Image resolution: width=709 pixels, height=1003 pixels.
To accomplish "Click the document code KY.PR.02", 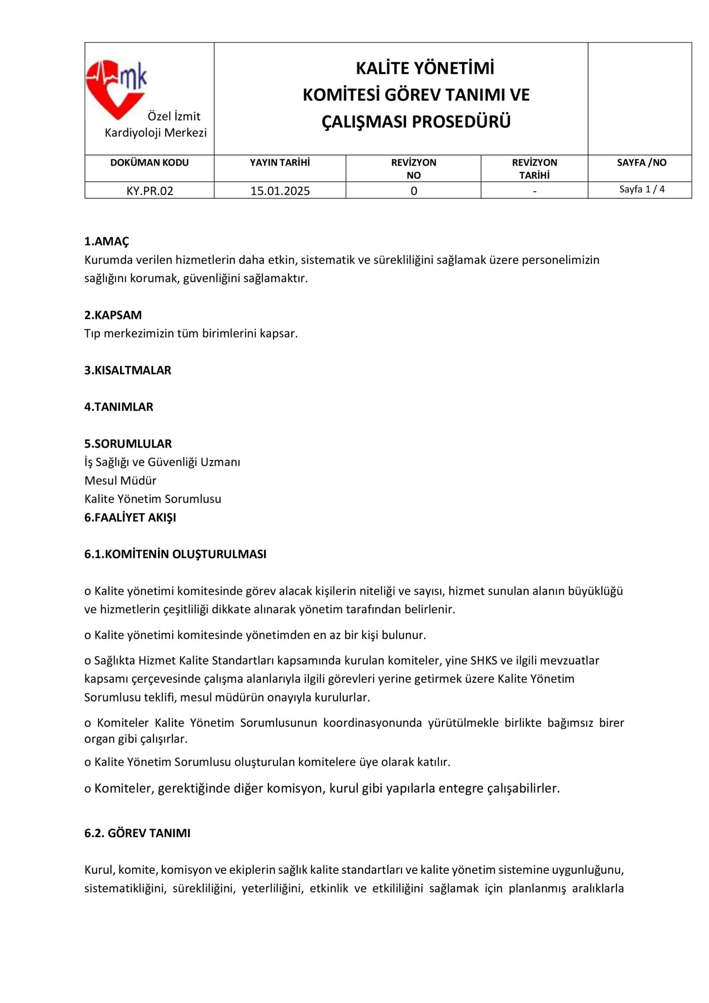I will (x=150, y=191).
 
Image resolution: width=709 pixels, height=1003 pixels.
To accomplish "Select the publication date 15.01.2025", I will (x=280, y=191).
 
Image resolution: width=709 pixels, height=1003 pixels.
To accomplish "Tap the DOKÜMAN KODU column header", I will (x=149, y=163).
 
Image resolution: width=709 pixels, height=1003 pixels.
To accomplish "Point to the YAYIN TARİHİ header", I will (x=280, y=163).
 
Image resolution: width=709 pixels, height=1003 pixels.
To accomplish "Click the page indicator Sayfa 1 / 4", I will (x=641, y=189).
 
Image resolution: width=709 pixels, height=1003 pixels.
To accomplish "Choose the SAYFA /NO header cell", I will (x=641, y=163).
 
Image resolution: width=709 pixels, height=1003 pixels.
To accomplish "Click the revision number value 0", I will (x=414, y=191).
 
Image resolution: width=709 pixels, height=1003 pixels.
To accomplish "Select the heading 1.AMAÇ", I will (x=107, y=241).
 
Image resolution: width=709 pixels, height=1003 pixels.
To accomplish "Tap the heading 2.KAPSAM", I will (x=113, y=315).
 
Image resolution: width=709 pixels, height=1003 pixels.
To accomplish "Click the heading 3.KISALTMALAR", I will (x=128, y=370).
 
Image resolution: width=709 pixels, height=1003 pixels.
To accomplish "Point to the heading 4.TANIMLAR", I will (x=119, y=407).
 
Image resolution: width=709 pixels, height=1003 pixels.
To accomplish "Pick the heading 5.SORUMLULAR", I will (x=128, y=444).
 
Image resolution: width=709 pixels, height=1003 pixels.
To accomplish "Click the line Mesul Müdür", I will (x=120, y=480).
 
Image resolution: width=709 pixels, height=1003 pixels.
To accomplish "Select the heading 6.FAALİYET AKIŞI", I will (x=130, y=517).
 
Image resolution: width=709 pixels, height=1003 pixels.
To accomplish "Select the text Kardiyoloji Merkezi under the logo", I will (x=156, y=133).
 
